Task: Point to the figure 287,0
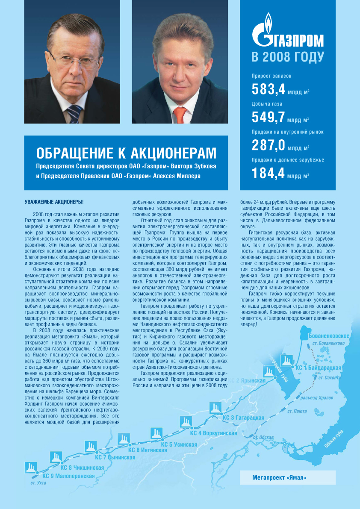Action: coord(268,145)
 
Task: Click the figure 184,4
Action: coord(268,173)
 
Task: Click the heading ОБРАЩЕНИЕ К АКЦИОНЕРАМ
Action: coord(126,153)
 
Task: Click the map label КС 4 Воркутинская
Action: coord(214,433)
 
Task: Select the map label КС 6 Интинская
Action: coord(148,450)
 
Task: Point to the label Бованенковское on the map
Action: coord(329,336)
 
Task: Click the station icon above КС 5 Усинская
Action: coord(156,432)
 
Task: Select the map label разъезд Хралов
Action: coord(317,398)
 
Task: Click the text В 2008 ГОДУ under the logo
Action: coord(287,56)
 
